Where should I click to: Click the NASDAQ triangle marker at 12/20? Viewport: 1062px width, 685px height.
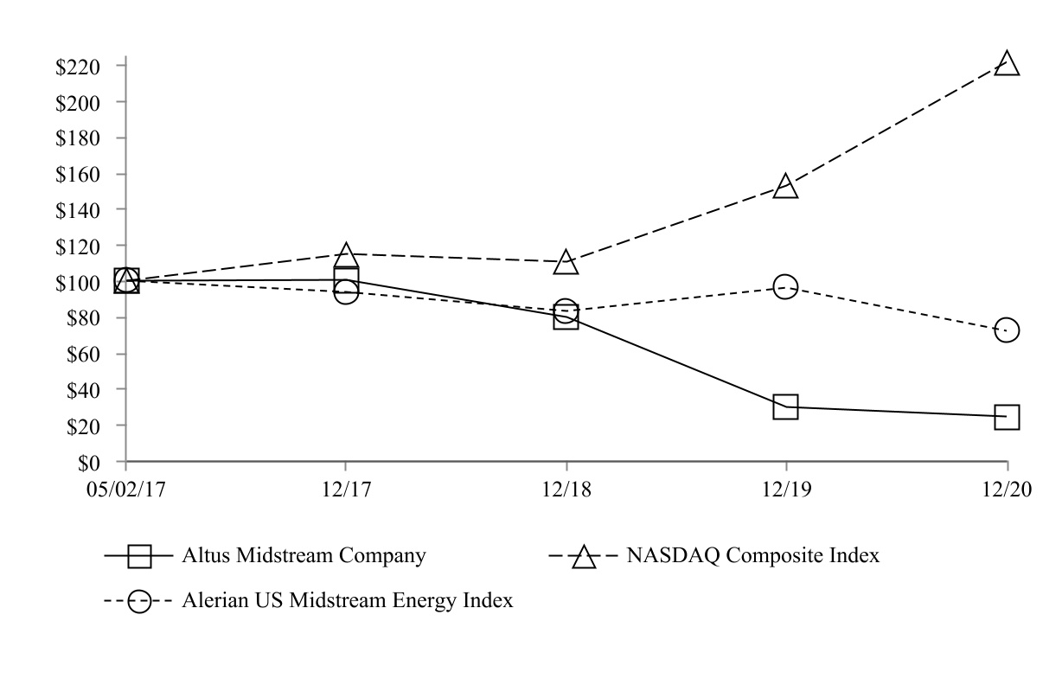(1007, 64)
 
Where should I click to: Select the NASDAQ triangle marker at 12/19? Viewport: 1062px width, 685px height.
(785, 187)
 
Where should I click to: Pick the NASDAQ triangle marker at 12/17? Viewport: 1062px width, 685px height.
(346, 256)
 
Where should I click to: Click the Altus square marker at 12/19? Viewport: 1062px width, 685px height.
(785, 407)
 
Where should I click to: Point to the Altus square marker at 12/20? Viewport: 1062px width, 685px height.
(1007, 416)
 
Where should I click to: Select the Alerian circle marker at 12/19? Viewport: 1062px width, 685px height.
(785, 286)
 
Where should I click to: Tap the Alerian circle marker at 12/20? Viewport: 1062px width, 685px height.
(1007, 330)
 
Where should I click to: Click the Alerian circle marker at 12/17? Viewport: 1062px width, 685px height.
(346, 292)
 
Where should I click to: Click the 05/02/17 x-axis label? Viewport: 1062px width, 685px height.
(126, 489)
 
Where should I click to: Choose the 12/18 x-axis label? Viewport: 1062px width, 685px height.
(566, 489)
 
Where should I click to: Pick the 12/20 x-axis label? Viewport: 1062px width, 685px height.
(1007, 489)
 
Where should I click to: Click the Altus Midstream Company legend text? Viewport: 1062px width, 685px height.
(304, 555)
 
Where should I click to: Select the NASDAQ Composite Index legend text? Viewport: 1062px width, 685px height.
(753, 555)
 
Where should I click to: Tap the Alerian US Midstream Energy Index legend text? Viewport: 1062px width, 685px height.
(347, 600)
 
